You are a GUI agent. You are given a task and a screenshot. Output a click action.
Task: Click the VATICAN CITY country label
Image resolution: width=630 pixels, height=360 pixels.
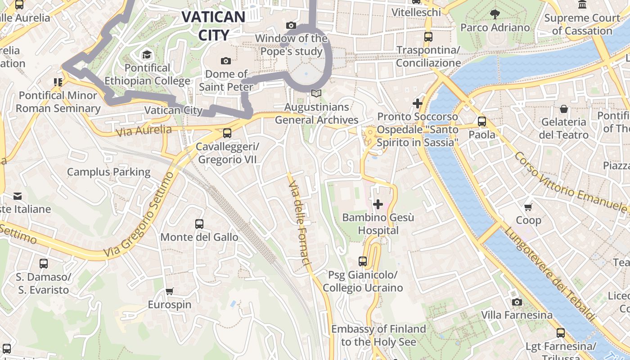tap(213, 26)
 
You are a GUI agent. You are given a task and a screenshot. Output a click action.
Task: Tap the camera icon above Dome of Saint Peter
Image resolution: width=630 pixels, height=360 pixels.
tap(226, 61)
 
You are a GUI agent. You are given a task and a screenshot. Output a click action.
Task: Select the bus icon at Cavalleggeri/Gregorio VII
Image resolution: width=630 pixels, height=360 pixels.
tap(227, 133)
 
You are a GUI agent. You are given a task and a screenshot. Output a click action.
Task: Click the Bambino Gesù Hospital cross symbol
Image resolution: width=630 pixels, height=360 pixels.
tap(378, 205)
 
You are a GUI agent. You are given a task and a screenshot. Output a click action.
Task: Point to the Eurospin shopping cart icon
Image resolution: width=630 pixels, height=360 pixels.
tap(170, 292)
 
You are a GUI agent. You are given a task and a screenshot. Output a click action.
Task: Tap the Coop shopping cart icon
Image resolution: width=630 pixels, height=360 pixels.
tap(528, 207)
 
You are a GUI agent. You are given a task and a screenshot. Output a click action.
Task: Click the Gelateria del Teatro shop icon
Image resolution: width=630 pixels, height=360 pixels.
tap(564, 109)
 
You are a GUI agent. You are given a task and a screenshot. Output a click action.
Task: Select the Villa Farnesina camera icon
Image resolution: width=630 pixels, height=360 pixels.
tap(517, 302)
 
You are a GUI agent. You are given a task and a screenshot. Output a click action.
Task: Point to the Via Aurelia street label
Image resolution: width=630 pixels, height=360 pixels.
tap(144, 131)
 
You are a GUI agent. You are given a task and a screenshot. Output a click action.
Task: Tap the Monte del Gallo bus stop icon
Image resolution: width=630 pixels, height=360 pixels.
tap(199, 224)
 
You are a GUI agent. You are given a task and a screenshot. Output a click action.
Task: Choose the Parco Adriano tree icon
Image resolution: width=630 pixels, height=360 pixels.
tap(495, 14)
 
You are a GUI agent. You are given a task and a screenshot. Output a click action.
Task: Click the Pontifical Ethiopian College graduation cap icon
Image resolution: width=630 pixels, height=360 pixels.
tap(147, 55)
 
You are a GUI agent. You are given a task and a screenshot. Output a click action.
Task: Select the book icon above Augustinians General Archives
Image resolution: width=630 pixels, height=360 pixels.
tap(316, 94)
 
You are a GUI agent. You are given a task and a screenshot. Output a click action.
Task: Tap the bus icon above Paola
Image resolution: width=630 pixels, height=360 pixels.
tap(482, 121)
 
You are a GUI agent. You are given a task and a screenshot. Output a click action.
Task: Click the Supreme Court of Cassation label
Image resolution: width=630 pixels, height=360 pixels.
tap(582, 24)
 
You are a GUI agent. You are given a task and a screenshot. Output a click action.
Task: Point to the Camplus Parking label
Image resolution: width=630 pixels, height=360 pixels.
tap(108, 172)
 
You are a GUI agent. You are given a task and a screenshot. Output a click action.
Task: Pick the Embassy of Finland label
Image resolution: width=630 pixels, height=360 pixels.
tap(378, 335)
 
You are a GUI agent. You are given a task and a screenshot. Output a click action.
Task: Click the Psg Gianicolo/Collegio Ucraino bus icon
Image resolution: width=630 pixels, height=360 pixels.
tap(363, 261)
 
